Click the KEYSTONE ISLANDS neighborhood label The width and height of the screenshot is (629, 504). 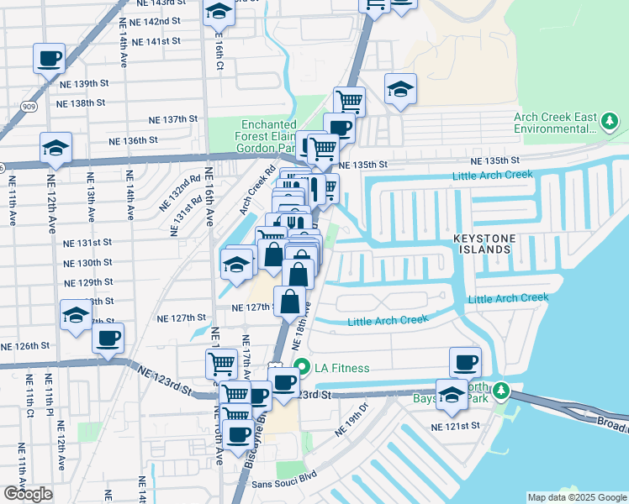coord(494,244)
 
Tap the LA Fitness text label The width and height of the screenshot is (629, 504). coord(341,368)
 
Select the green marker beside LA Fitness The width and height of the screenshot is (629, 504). coord(300,368)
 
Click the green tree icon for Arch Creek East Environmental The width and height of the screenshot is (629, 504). coord(609,123)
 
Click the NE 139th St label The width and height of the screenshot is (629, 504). coord(85,84)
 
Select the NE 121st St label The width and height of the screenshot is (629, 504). coord(455,427)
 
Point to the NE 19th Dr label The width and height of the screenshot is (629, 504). coord(352,419)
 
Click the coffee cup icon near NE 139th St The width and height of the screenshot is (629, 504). coord(48,59)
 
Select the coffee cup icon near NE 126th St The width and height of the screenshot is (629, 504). coord(107,339)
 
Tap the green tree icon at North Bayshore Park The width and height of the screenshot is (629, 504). coord(501,391)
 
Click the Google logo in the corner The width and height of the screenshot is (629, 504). coord(28,494)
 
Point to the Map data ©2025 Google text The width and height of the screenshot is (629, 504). coord(576,497)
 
